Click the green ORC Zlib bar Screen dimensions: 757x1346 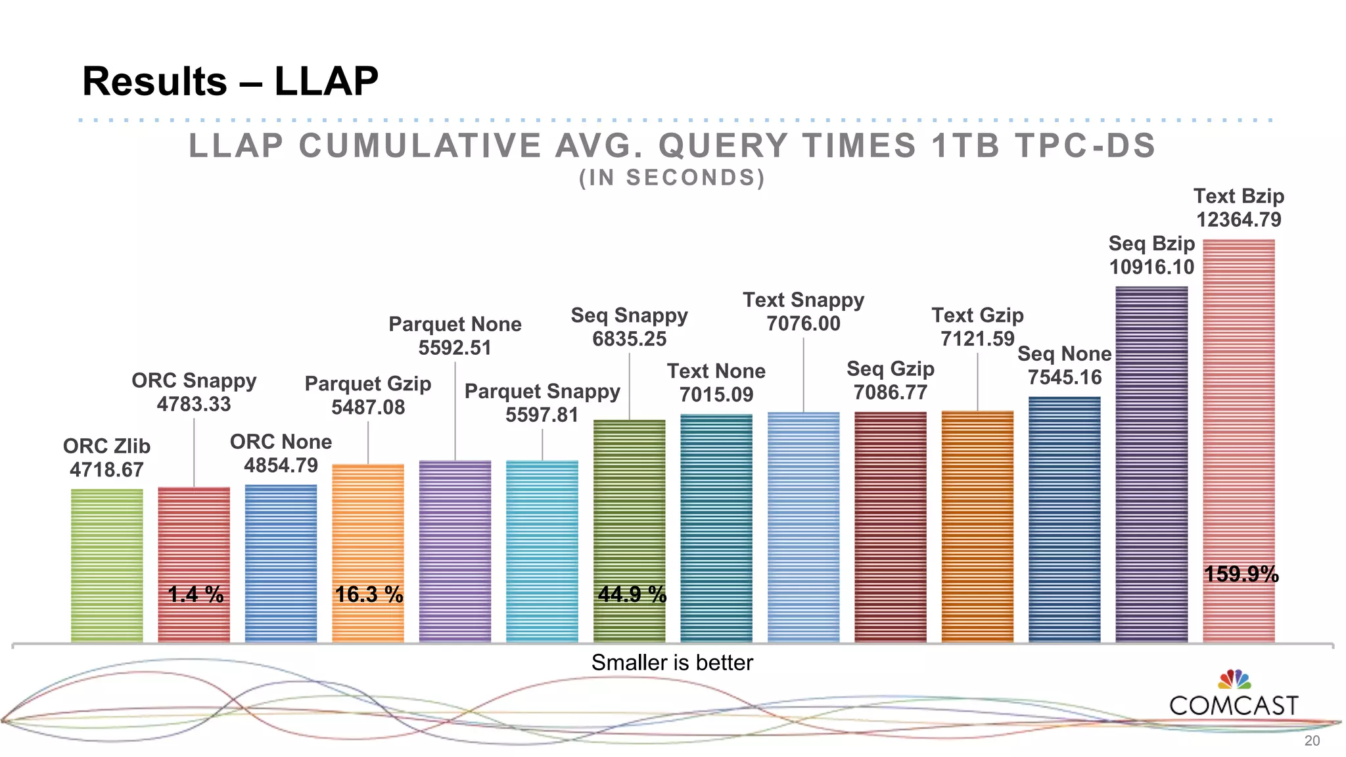coord(106,565)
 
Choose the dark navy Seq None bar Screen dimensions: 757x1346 coord(1064,519)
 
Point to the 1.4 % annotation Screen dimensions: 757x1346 coord(195,595)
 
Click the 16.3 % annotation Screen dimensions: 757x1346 coord(369,595)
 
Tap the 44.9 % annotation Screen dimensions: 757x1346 coord(632,595)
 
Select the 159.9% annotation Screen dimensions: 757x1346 coord(1241,574)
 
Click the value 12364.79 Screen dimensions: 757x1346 coord(1238,219)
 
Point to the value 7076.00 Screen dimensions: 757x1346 coord(803,323)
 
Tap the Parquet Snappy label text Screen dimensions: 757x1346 coord(542,391)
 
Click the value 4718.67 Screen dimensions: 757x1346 coord(106,470)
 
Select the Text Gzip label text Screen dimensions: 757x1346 coord(977,315)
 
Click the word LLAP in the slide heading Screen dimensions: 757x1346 coord(326,81)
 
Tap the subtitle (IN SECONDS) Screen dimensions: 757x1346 coord(672,178)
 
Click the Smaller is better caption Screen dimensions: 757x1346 coord(672,662)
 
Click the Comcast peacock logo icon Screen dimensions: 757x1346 coord(1234,679)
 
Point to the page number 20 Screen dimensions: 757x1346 coord(1312,741)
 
